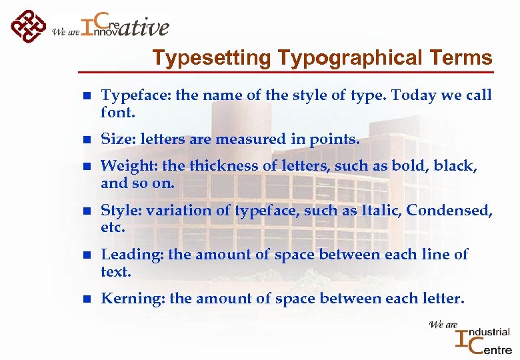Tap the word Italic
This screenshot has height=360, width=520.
pyautogui.click(x=379, y=211)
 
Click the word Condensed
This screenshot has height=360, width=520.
pyautogui.click(x=449, y=211)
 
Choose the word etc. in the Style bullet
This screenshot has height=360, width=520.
pyautogui.click(x=113, y=228)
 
